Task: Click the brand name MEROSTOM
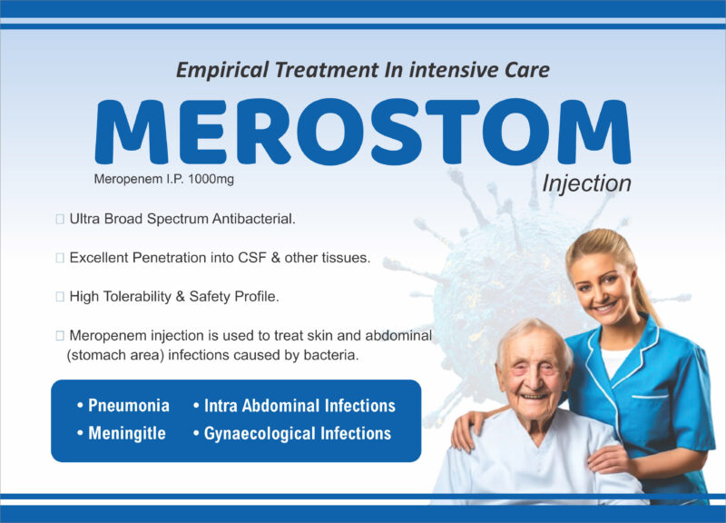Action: pyautogui.click(x=362, y=132)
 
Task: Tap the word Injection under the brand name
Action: pyautogui.click(x=586, y=183)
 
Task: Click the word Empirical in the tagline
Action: pyautogui.click(x=222, y=70)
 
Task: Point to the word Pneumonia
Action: pyautogui.click(x=129, y=405)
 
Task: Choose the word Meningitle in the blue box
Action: pyautogui.click(x=127, y=433)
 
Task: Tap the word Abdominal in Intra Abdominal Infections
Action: pyautogui.click(x=281, y=405)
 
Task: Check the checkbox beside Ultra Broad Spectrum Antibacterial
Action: pyautogui.click(x=60, y=219)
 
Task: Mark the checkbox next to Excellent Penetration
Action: pyautogui.click(x=60, y=258)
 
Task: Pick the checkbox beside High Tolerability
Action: pyautogui.click(x=60, y=297)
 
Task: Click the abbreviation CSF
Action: pyautogui.click(x=252, y=258)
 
